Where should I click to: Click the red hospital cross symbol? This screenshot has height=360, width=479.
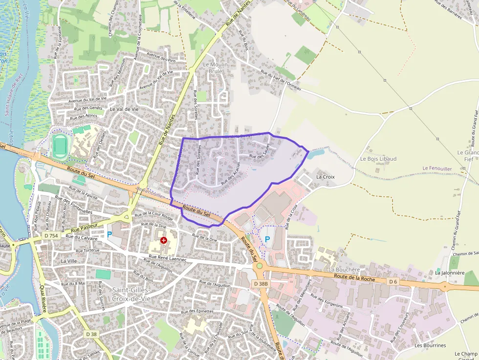(x=163, y=240)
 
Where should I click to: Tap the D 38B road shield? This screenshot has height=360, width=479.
(x=261, y=283)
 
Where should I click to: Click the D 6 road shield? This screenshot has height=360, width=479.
(x=393, y=282)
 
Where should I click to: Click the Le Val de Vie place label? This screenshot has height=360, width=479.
(x=124, y=109)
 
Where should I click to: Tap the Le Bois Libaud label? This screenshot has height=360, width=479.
(x=378, y=159)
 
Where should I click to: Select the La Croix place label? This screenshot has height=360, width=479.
(x=326, y=176)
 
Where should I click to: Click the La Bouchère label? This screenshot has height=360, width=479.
(x=344, y=269)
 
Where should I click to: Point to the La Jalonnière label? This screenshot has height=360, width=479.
(x=450, y=273)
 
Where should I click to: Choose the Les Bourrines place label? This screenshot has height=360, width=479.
(x=430, y=345)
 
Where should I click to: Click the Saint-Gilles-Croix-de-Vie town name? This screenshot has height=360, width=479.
(x=131, y=294)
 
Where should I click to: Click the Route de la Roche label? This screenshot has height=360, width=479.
(x=354, y=277)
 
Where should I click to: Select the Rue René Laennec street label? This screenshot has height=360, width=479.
(x=168, y=258)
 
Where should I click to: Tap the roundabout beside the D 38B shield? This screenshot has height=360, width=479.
(x=259, y=267)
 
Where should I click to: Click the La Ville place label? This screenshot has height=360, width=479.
(x=69, y=261)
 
